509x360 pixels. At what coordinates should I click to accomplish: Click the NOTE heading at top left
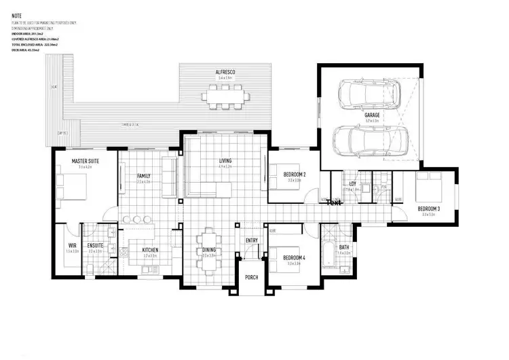(x=17, y=14)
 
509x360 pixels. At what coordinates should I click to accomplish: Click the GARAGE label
(x=372, y=115)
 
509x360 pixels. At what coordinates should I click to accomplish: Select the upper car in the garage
(x=370, y=92)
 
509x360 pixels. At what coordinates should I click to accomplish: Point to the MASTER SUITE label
(x=86, y=161)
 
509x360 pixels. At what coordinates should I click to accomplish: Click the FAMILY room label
(x=143, y=176)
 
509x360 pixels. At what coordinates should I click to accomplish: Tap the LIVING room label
(x=225, y=161)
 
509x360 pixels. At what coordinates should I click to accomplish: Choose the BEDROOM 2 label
(x=294, y=175)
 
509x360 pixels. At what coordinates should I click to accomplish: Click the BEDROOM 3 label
(x=429, y=208)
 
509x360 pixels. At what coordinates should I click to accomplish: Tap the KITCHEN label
(x=151, y=250)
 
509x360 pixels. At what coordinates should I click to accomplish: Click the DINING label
(x=209, y=250)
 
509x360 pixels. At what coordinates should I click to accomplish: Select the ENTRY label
(x=252, y=240)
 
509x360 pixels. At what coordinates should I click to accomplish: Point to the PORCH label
(x=252, y=276)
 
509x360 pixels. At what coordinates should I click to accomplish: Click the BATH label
(x=344, y=247)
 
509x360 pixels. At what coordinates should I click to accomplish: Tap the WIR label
(x=73, y=245)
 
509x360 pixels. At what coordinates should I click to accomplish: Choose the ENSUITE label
(x=95, y=245)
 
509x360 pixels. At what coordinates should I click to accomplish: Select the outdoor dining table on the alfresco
(x=225, y=97)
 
